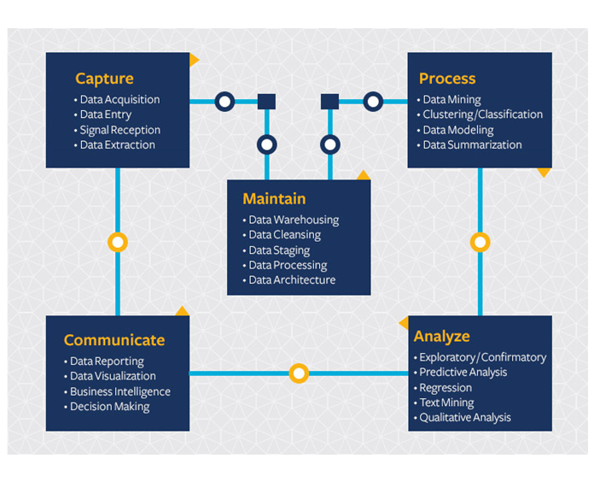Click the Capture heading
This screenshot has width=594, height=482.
click(104, 79)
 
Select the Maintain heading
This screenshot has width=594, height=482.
click(274, 198)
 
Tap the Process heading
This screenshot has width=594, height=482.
click(447, 79)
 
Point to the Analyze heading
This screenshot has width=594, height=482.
click(441, 336)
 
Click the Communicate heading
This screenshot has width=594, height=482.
click(114, 340)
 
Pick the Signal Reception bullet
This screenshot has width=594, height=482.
click(119, 130)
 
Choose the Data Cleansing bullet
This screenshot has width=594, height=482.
click(284, 235)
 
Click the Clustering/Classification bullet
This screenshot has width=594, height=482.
click(482, 115)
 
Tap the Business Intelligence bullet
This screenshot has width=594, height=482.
click(119, 391)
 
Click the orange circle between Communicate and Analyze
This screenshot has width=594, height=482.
click(298, 373)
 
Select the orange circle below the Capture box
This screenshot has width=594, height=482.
click(118, 242)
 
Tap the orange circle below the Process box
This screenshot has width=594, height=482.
click(480, 243)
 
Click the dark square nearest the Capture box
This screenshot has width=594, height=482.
click(266, 102)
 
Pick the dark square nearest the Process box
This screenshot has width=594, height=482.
click(330, 102)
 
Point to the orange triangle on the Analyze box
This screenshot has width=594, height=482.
click(404, 324)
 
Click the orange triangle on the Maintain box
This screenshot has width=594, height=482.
click(363, 175)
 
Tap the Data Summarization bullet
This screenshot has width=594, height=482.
click(472, 145)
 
